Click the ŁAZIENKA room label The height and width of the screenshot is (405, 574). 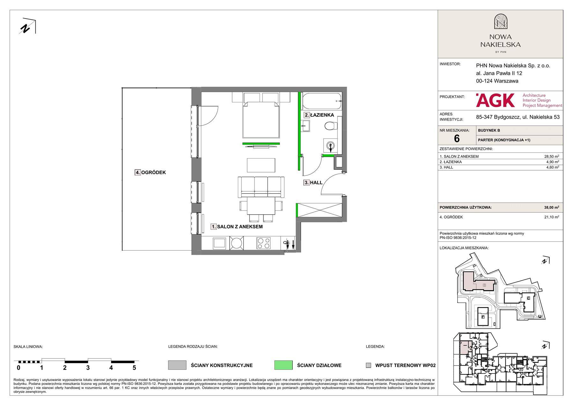point(322,115)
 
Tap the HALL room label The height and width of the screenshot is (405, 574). point(316,183)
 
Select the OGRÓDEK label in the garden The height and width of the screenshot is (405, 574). point(153,173)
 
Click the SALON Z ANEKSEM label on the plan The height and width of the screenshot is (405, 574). point(240,227)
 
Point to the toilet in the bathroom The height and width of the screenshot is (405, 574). point(330,126)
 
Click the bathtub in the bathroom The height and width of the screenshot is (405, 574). point(322,100)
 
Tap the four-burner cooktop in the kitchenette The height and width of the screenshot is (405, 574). point(264,243)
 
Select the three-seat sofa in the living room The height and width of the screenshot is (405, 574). point(261,187)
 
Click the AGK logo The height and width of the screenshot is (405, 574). point(495,100)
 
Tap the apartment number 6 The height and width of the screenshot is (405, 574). point(457,138)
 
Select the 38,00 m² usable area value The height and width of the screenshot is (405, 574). point(551,207)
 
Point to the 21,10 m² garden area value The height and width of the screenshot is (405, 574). point(551,217)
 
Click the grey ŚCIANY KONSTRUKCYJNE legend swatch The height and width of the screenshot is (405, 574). point(177,365)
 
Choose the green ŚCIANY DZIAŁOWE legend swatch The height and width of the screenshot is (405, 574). point(283,365)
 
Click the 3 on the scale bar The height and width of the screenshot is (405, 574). point(88,368)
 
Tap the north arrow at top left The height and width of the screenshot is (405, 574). point(28,27)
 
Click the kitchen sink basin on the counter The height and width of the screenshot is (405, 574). point(220,243)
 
